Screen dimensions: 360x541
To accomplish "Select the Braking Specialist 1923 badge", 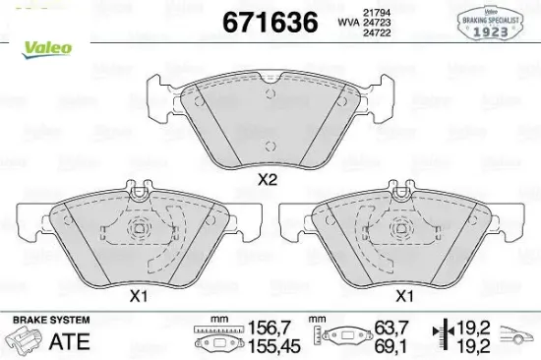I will click(504, 20).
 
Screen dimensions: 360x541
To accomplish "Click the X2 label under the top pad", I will click(267, 180).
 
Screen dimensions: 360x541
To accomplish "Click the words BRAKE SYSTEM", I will click(50, 321).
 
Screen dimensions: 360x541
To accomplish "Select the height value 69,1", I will click(392, 346).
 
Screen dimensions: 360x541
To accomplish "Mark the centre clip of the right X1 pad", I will click(402, 233).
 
